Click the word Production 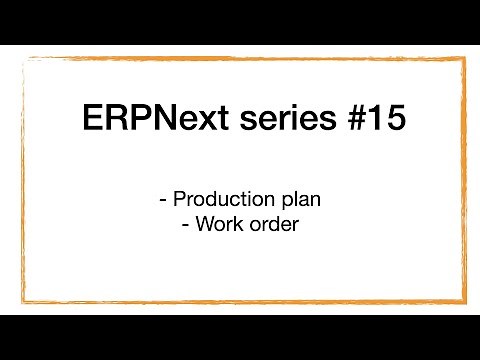pos(225,200)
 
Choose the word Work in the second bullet pos(221,225)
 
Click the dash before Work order pos(187,225)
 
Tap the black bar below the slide pos(240,337)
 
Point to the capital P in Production pos(181,200)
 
